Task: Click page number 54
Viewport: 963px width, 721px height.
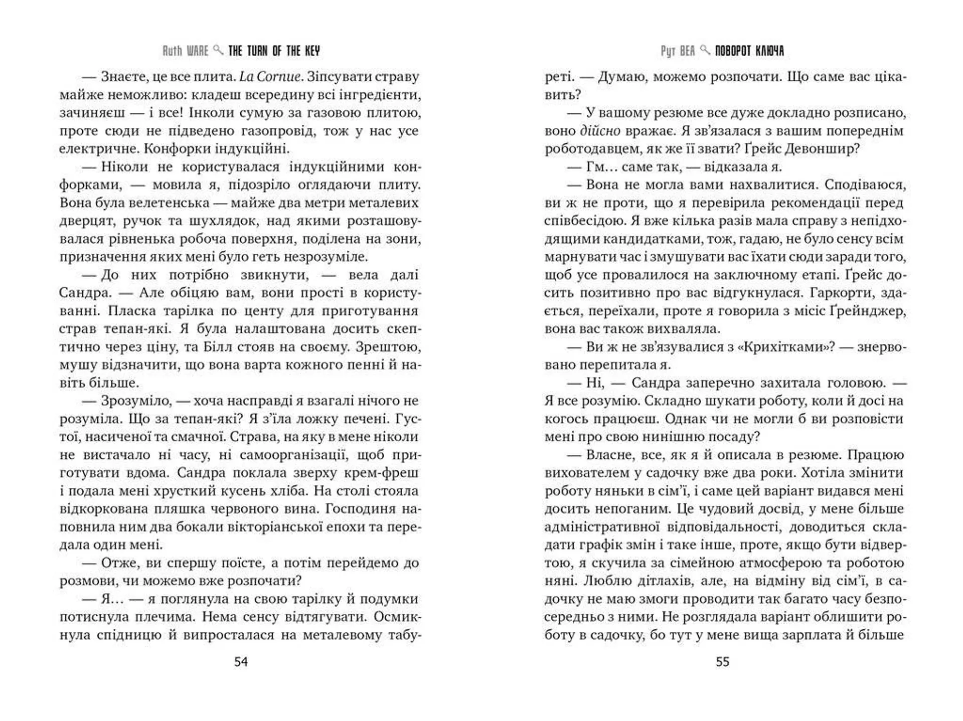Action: [x=241, y=662]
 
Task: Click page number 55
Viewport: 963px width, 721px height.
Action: [x=722, y=662]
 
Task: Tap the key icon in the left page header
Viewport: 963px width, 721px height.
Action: [x=218, y=50]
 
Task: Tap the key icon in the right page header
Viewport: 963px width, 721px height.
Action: [x=705, y=50]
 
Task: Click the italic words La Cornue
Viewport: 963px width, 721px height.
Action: [x=270, y=77]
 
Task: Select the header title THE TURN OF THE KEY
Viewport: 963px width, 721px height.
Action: [x=274, y=51]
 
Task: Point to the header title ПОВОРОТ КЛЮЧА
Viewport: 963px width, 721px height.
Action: [x=749, y=51]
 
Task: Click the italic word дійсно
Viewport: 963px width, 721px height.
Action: [x=600, y=131]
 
